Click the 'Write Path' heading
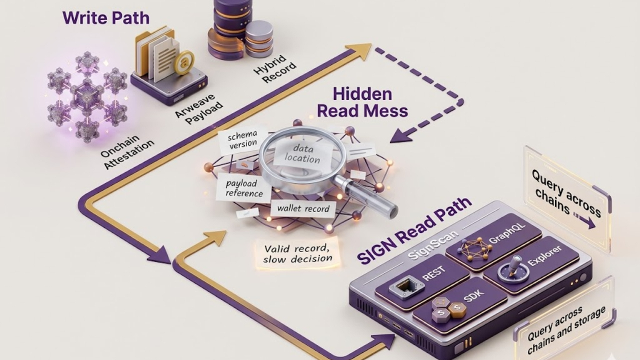click(105, 18)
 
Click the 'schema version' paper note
click(243, 138)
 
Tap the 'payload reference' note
click(244, 188)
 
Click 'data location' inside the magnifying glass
click(302, 153)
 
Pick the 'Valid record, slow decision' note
click(298, 253)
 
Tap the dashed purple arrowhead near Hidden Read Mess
click(400, 135)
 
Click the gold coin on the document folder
click(183, 62)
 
